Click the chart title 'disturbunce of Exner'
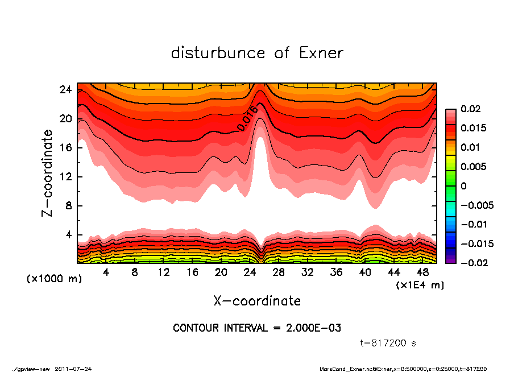[257, 53]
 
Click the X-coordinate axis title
[257, 300]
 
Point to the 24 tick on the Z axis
[65, 90]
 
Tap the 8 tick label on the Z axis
[68, 206]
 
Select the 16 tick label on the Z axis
[65, 148]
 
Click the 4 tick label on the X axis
[106, 272]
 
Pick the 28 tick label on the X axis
[279, 272]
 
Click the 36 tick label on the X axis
[337, 272]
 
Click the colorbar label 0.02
[470, 109]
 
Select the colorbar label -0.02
[473, 263]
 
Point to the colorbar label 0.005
[473, 167]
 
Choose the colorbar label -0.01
[473, 224]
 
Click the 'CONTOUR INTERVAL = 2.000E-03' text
[257, 328]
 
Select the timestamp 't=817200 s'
[388, 343]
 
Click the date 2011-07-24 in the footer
[73, 369]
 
